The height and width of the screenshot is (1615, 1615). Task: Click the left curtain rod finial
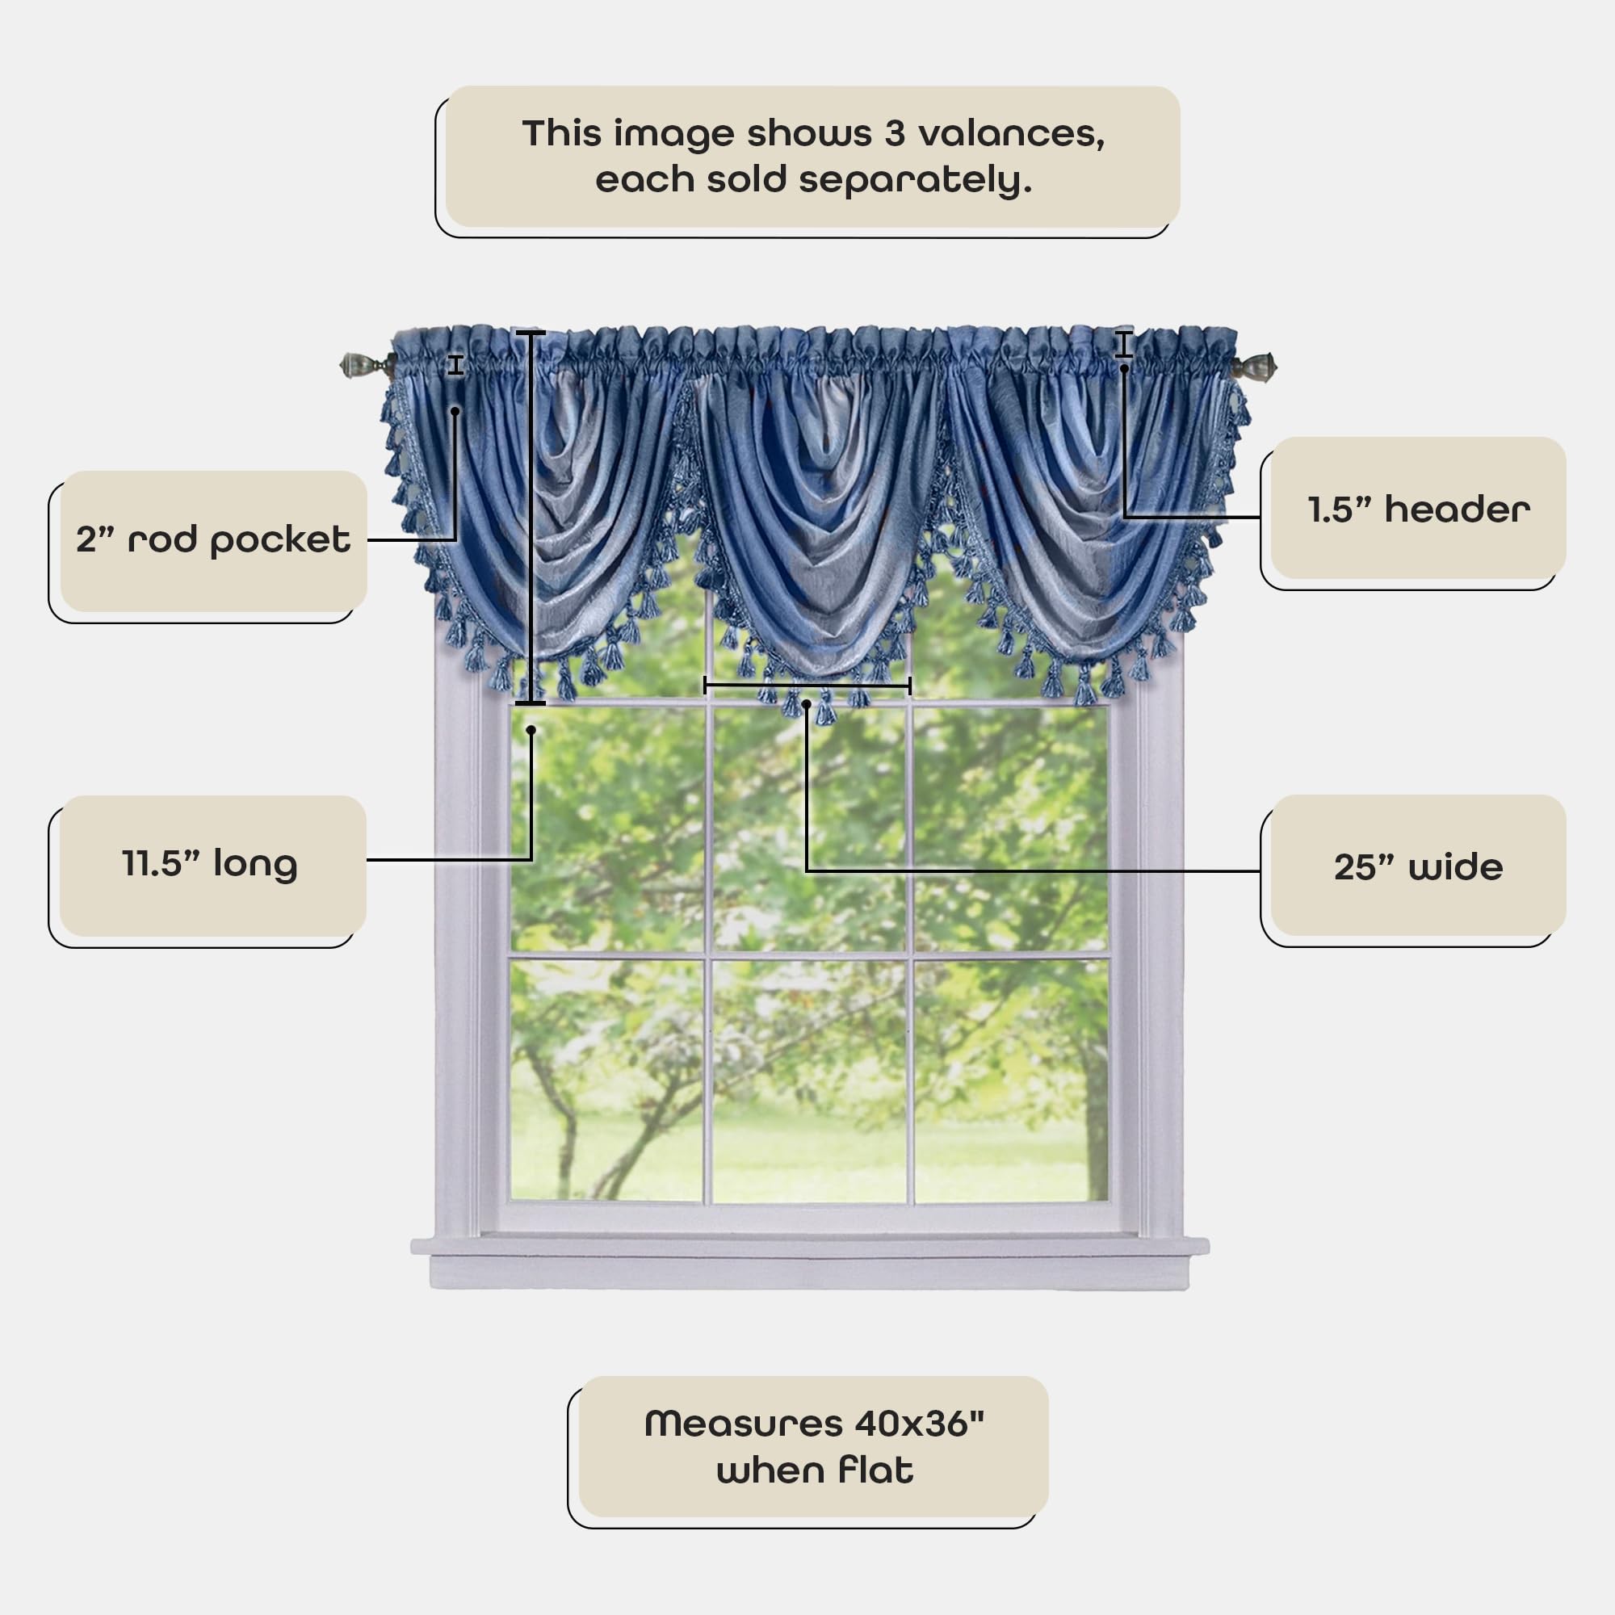coord(354,365)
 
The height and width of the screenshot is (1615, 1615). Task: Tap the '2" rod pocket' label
coord(213,540)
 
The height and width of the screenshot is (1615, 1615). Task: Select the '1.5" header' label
coord(1418,509)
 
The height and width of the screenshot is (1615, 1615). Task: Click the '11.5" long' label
coord(210,863)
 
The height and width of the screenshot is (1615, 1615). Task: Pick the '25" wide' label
coord(1418,866)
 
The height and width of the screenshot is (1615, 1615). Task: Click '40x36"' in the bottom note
coord(919,1424)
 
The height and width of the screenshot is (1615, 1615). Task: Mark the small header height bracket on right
coord(1123,345)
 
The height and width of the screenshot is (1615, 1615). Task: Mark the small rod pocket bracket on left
coord(455,365)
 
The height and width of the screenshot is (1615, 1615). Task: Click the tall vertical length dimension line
coord(530,518)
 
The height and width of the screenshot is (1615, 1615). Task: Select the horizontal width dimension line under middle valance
coord(807,686)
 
